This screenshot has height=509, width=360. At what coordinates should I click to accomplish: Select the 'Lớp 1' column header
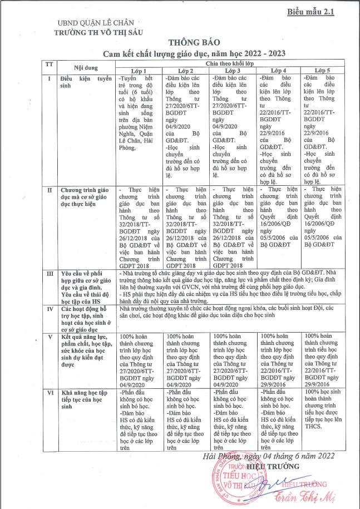click(139, 72)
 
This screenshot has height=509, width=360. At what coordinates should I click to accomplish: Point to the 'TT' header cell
click(49, 65)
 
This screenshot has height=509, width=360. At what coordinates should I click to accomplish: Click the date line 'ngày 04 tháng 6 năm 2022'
click(272, 456)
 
